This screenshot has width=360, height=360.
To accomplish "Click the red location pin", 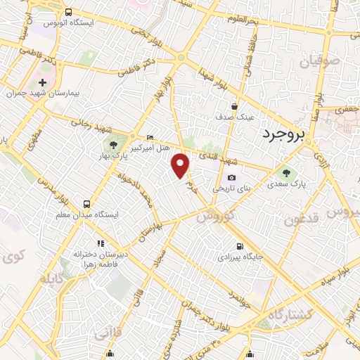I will [x=181, y=166].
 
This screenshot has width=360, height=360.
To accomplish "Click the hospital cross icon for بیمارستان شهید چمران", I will [x=42, y=83].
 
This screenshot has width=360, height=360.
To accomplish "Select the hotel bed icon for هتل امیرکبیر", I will [x=150, y=137].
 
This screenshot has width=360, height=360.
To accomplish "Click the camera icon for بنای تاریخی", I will [x=231, y=178].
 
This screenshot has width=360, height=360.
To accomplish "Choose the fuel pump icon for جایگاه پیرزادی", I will [x=240, y=247].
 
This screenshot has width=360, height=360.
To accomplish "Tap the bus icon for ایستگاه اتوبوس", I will [x=68, y=12].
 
